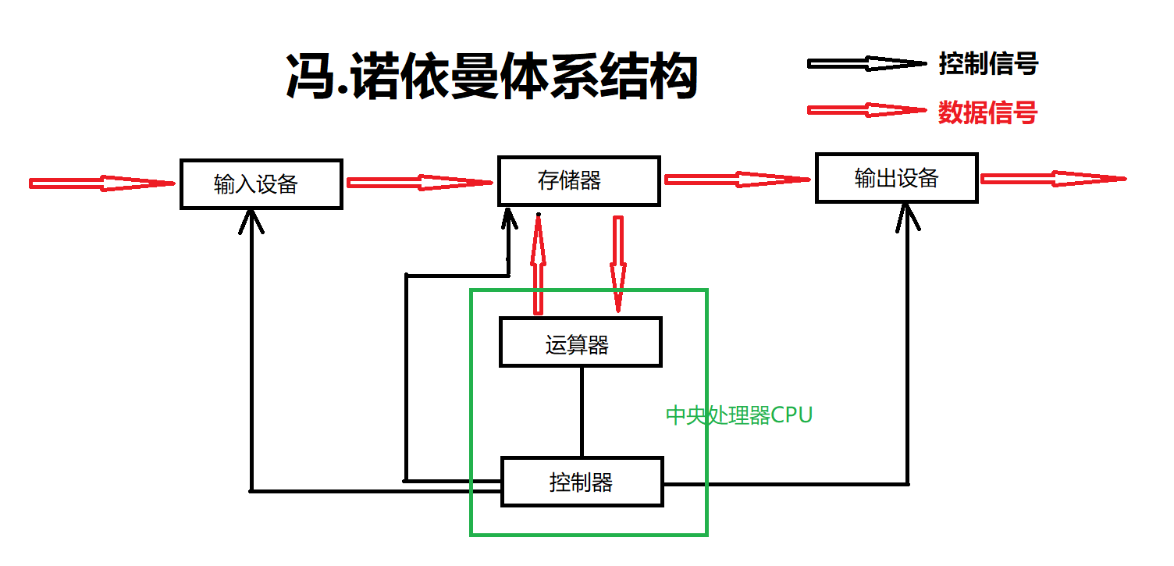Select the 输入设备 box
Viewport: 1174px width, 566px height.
[261, 184]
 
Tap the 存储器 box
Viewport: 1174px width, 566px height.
[579, 181]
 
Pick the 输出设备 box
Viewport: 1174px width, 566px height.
[896, 179]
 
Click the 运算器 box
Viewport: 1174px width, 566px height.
[580, 342]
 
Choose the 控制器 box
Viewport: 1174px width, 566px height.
[582, 482]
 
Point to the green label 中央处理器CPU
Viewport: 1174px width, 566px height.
[738, 415]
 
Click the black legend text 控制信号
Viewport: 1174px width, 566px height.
[988, 63]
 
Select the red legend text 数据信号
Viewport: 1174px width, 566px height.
[987, 113]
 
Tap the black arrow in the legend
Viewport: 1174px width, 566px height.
[865, 64]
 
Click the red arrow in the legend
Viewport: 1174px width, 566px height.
[865, 110]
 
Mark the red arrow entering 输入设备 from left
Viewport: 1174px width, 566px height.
[101, 183]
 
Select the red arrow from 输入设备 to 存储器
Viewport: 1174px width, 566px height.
[420, 183]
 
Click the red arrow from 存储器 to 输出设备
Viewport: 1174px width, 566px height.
[737, 180]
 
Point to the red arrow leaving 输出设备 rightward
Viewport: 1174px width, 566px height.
[1052, 179]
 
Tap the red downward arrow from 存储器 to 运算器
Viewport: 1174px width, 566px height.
[618, 263]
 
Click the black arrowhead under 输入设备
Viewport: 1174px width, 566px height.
[251, 220]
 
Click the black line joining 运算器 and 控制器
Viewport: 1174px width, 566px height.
[582, 411]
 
